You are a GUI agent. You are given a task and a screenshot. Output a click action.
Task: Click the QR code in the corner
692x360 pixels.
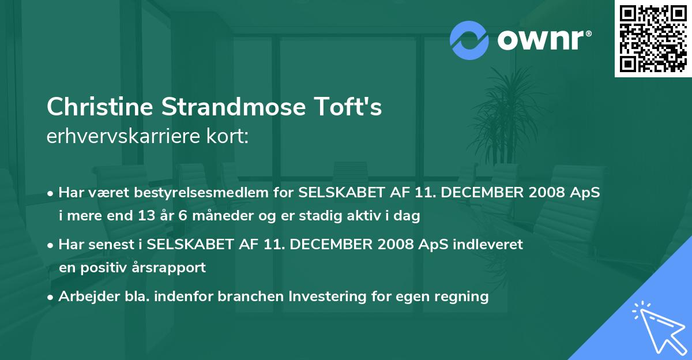pos(653,39)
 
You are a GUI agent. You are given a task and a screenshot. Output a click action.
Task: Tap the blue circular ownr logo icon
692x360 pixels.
pos(469,39)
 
